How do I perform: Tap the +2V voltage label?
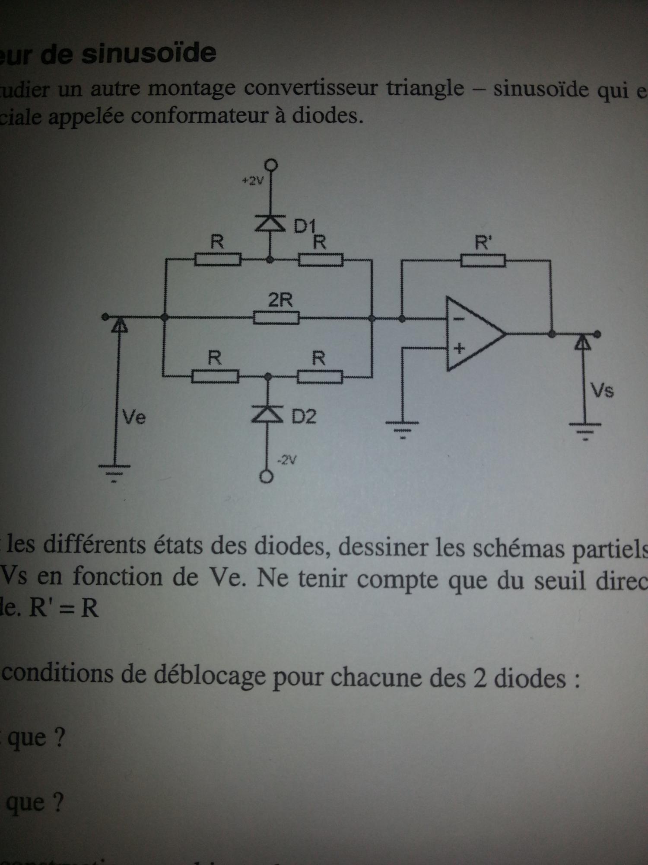pos(252,181)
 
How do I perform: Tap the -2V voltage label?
pos(287,461)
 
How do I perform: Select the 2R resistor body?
pos(276,318)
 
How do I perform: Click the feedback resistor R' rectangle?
pos(483,260)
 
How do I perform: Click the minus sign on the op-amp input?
pos(459,319)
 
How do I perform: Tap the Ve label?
pos(134,417)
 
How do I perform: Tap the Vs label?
pos(602,391)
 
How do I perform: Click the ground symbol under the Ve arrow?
pos(114,471)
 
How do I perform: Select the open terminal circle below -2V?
pos(267,477)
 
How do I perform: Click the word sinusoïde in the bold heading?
pos(149,54)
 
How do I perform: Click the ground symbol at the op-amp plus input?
pos(403,426)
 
